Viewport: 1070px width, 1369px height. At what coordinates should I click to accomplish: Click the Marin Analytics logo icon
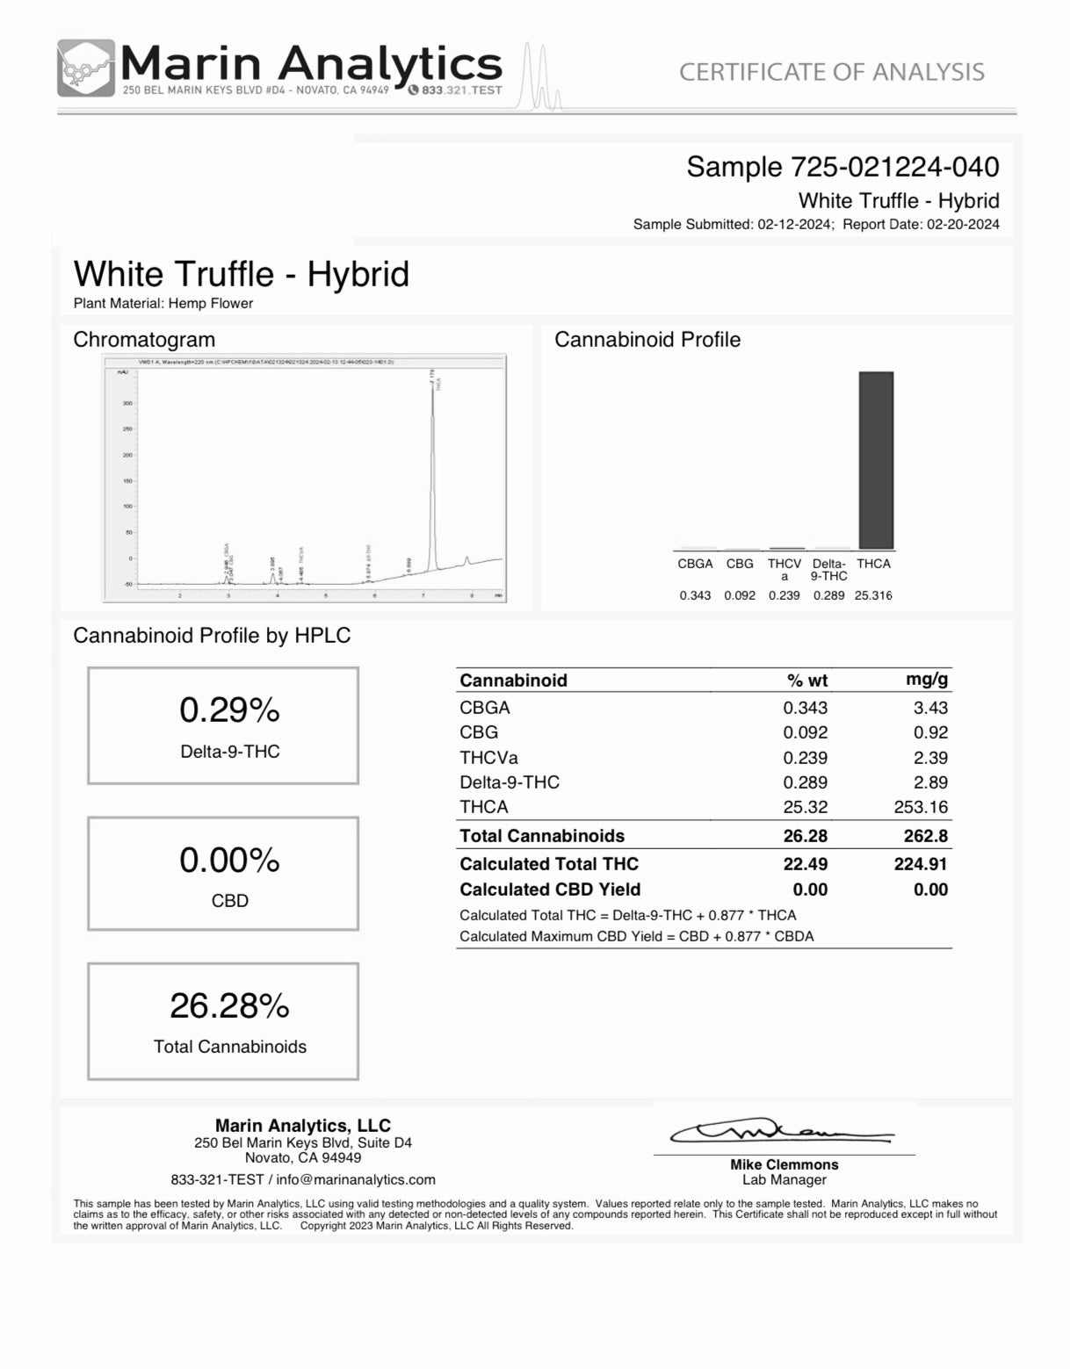[85, 68]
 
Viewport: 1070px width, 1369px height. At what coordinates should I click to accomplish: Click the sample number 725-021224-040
[895, 167]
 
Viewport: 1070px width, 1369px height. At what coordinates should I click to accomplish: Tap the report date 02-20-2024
[961, 224]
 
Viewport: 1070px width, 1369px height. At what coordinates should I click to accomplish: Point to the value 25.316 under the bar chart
[873, 595]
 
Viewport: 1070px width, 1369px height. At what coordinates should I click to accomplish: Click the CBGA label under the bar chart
[695, 564]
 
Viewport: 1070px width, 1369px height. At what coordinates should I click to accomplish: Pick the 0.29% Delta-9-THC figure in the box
[229, 710]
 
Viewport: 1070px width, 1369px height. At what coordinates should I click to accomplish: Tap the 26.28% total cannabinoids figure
[229, 1005]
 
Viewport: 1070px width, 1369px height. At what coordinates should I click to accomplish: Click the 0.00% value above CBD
[229, 860]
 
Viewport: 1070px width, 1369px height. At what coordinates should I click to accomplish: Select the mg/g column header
[926, 680]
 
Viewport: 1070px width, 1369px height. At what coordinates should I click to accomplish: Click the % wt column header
[806, 681]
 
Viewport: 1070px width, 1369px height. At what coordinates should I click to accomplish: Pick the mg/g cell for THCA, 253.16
[921, 807]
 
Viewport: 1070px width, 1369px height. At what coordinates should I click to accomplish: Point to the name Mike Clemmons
[784, 1164]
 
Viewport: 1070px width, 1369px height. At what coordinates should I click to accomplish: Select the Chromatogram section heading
[144, 340]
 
